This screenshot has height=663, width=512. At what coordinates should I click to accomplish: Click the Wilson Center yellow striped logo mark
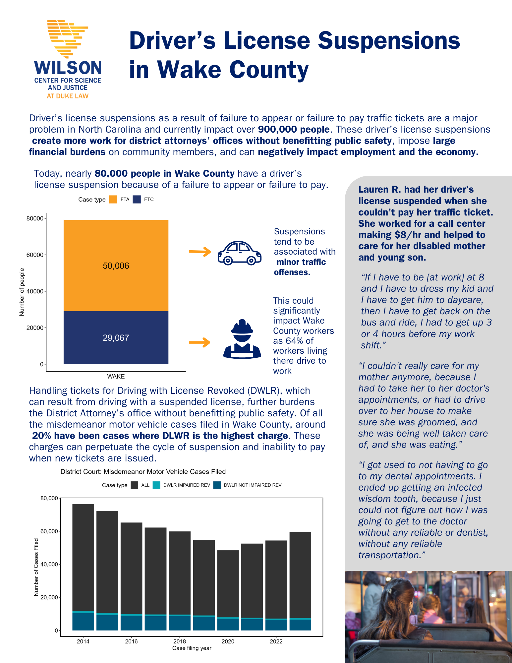click(68, 38)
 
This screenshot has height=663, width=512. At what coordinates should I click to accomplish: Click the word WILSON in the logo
click(68, 68)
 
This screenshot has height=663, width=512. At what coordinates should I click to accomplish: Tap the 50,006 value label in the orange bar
click(116, 266)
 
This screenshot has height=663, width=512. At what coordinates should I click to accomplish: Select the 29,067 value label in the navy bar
click(116, 338)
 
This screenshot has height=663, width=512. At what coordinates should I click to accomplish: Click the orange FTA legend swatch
click(113, 200)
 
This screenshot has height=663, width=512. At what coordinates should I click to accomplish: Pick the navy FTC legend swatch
click(137, 200)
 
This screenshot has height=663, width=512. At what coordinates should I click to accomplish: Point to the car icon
click(239, 253)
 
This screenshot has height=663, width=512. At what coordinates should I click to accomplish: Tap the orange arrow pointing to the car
click(200, 252)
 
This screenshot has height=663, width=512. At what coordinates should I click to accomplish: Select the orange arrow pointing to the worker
click(199, 342)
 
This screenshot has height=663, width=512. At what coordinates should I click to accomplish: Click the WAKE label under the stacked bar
click(116, 377)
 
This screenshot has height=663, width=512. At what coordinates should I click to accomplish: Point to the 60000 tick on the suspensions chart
click(35, 255)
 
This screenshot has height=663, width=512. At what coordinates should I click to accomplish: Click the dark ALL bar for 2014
click(83, 557)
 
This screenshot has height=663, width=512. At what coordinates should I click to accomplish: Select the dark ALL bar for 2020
click(228, 583)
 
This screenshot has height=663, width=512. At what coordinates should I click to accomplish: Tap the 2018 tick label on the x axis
click(180, 641)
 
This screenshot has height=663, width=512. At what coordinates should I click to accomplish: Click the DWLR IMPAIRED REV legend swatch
click(157, 485)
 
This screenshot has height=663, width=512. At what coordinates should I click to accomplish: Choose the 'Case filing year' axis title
click(192, 648)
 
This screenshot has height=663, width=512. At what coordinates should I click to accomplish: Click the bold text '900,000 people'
click(294, 129)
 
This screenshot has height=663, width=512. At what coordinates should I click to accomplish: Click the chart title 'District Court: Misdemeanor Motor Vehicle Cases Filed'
click(143, 472)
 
